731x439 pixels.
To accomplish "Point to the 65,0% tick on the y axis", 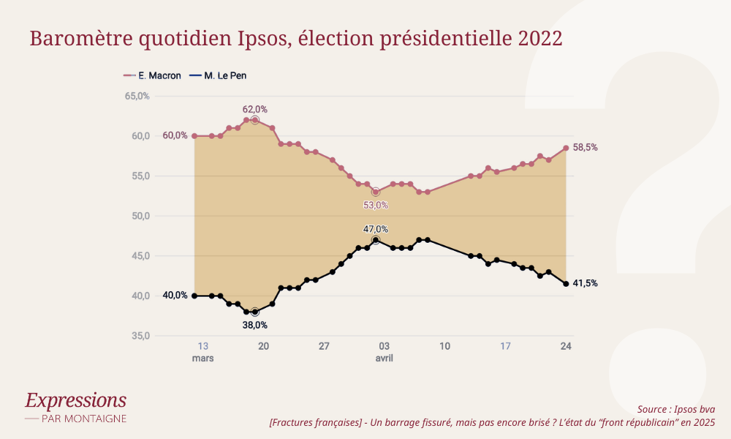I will [x=137, y=96].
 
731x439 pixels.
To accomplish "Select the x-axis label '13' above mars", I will [x=202, y=346].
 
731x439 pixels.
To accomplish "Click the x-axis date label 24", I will [x=566, y=346].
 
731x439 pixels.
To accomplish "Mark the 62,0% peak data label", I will [x=255, y=109].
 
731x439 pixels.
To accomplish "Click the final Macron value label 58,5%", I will [x=585, y=147].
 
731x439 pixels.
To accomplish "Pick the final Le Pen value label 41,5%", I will [x=585, y=283].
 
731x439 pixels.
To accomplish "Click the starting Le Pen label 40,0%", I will [x=175, y=296].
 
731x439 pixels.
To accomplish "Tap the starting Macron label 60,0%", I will [x=175, y=135].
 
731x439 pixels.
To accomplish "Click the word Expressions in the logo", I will [x=75, y=400].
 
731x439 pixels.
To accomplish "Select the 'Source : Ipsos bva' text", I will [x=675, y=408].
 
